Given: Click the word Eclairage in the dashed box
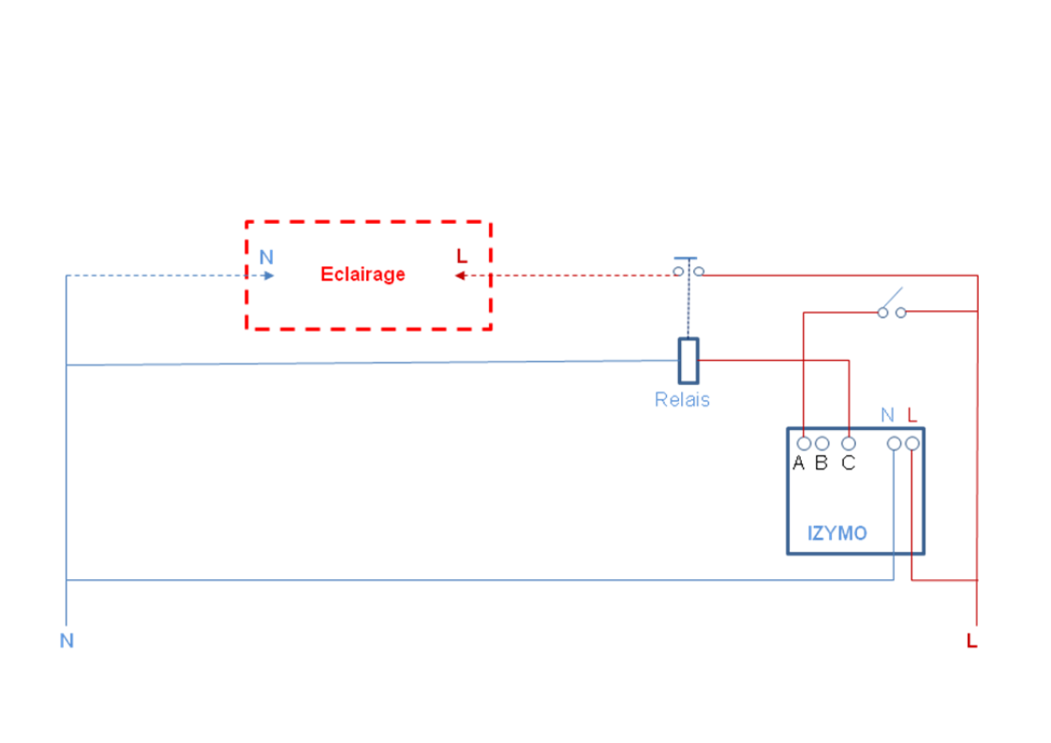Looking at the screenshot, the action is coord(363,275).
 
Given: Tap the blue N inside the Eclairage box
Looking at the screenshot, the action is coord(266,258).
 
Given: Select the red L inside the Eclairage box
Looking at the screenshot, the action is coord(461,256).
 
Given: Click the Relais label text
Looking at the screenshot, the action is coord(682,400).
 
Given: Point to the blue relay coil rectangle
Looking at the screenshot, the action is coord(688,361).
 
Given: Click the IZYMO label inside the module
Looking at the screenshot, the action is coord(837,533).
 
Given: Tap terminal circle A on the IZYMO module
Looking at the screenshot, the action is coord(804,443).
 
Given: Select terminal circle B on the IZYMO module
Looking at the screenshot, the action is coord(822,443).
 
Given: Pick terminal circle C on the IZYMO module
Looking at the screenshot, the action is coord(849,443).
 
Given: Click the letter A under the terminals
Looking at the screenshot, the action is coord(798,463).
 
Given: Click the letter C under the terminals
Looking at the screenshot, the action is coord(848,463).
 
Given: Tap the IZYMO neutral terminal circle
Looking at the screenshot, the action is coord(895,443).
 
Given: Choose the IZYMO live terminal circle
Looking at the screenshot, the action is coord(912,443).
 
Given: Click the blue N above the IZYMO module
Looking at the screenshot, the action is coord(887,415).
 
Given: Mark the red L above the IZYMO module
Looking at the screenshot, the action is coord(911,415).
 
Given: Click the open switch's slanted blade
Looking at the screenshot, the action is coord(892,299).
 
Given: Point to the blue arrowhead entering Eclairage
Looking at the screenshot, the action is coord(269,275).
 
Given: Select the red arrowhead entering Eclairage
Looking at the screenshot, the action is coord(461,275).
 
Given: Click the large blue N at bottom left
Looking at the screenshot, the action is coord(67,641).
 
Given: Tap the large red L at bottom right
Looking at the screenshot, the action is coord(972,641).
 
